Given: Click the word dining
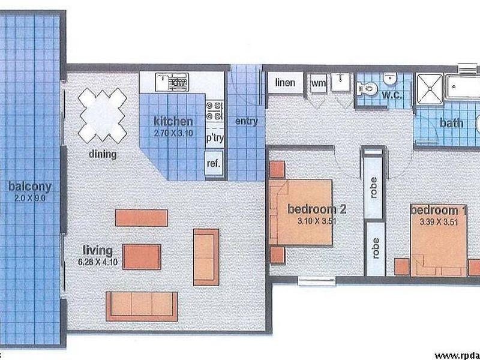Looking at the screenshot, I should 103,154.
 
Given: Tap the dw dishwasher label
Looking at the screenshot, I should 178,82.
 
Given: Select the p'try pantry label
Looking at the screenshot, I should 214,138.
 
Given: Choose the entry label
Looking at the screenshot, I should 246,121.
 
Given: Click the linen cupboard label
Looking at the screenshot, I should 285,83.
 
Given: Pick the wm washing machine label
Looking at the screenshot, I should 318,83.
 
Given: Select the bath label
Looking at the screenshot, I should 451,123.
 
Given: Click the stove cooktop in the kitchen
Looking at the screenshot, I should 214,112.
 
